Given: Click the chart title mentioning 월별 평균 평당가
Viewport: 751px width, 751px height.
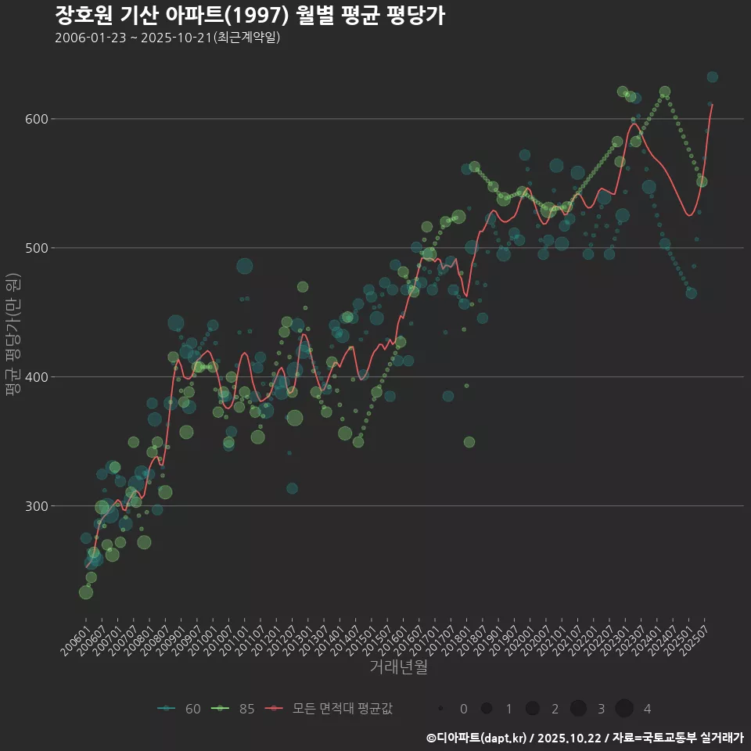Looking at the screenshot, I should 250,15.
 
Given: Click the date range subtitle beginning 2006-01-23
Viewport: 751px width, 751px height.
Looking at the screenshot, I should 167,38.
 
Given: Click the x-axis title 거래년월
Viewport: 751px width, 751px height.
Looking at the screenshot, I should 398,667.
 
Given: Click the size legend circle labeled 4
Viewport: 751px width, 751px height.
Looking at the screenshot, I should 623,709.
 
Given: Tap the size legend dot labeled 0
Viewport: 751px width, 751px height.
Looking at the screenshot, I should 441,709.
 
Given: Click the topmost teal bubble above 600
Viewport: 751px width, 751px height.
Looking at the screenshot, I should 712,77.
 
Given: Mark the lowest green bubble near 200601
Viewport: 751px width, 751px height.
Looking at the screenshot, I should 86,592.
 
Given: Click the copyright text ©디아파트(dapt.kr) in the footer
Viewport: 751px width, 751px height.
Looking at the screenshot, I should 476,738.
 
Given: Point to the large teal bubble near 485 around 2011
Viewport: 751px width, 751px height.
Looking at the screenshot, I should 245,266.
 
